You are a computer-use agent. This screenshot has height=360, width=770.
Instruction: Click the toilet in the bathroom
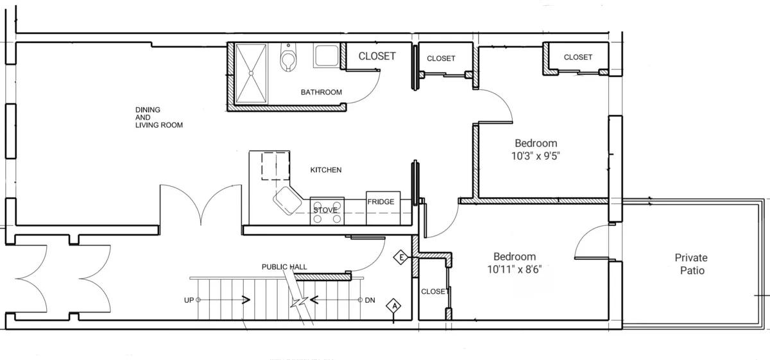tap(289, 60)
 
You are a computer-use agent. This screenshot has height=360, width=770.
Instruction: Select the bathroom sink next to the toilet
tap(325, 56)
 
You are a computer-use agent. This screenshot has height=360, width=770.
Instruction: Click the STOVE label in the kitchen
tap(325, 210)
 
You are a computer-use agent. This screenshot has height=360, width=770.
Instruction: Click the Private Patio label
tap(691, 264)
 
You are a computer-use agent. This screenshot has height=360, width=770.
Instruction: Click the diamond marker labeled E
tap(401, 258)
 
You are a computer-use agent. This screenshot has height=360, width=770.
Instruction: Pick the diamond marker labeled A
tap(393, 306)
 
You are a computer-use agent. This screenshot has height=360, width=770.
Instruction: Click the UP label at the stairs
tap(189, 300)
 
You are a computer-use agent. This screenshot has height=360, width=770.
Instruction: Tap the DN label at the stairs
tap(370, 300)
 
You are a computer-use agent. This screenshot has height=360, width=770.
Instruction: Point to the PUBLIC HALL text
tap(284, 267)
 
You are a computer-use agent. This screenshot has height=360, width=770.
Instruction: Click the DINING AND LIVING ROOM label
tap(158, 117)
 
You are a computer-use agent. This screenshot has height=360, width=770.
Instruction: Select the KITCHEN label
tap(325, 170)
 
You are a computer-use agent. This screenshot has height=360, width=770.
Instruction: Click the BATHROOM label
tap(321, 92)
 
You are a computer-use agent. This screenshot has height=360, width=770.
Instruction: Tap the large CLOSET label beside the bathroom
tap(377, 56)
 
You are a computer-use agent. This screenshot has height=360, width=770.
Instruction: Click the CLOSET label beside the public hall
tap(435, 291)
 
